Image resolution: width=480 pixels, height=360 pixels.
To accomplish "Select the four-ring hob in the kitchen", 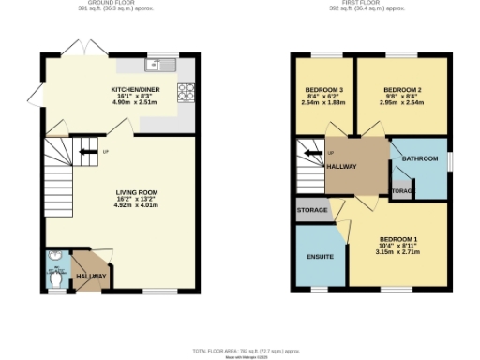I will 186,92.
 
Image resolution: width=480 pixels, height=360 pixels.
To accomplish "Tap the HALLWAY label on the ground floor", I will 91,277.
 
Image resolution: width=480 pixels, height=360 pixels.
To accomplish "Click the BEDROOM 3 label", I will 320,90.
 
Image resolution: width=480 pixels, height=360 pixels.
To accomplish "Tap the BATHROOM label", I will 420,158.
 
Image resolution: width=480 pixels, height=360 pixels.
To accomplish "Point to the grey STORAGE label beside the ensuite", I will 312,210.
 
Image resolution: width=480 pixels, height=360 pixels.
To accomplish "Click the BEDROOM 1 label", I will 394,238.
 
